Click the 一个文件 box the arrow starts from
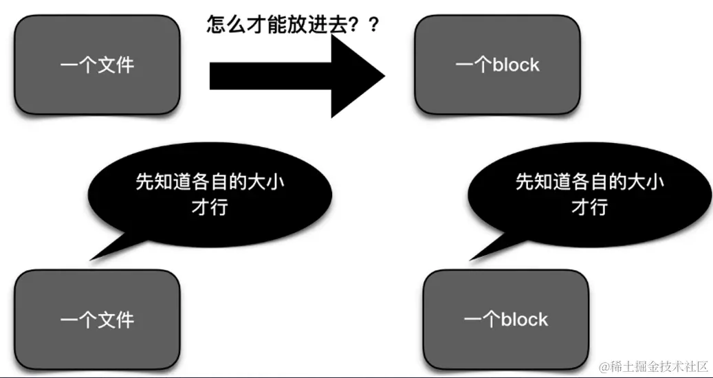(97, 65)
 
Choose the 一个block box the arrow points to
(497, 65)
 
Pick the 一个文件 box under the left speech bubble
(97, 319)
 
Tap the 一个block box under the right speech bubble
(506, 319)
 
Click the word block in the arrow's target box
(516, 65)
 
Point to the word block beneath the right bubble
(525, 319)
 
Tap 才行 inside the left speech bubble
(209, 206)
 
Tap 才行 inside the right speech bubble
(589, 206)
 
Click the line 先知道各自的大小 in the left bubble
(209, 182)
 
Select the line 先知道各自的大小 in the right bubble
(589, 182)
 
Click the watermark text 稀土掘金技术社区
(661, 366)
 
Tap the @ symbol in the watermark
(605, 367)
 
